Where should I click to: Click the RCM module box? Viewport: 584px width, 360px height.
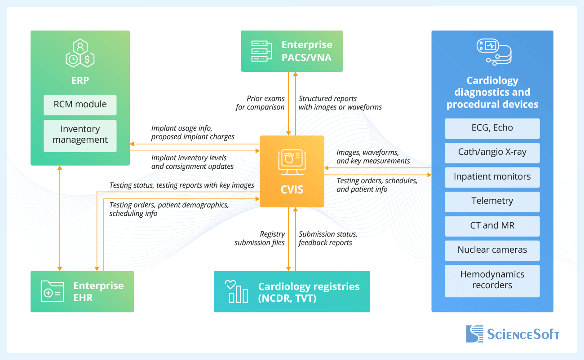[x=80, y=105]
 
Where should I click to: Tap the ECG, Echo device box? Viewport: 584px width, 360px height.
[x=492, y=128]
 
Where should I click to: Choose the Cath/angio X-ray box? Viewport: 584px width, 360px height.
[x=492, y=152]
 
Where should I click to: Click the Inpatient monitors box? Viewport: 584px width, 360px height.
[x=492, y=177]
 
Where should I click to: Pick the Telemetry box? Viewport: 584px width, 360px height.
[x=492, y=201]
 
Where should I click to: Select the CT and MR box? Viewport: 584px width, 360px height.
[x=492, y=226]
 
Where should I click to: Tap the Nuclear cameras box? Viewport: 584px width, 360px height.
[x=492, y=250]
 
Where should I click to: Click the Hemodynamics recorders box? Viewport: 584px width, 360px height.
[x=492, y=280]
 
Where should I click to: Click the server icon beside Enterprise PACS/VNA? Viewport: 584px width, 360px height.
[x=261, y=51]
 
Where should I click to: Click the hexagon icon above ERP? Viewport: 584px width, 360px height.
[x=80, y=53]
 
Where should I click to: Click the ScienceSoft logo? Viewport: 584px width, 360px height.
[x=513, y=334]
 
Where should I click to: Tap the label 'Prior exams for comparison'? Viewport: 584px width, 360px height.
[x=261, y=103]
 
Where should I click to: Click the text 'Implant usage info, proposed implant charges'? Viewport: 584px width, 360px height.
[x=193, y=132]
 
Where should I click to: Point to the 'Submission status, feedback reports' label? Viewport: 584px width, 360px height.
[x=328, y=238]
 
